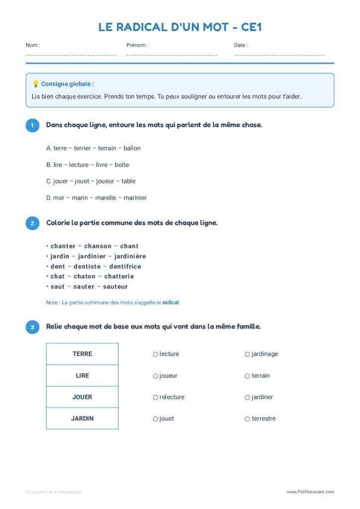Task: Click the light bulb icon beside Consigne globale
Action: coord(35,84)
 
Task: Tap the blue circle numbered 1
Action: coord(32,125)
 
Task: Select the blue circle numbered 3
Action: coord(32,327)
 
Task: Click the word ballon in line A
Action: coord(132,148)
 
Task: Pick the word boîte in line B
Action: coord(122,165)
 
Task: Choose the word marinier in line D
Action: coord(135,198)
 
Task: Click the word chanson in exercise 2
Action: coord(98,246)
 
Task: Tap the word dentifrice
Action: coord(125,266)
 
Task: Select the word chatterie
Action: coord(119,276)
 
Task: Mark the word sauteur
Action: coord(115,287)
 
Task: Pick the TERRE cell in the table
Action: coord(83,354)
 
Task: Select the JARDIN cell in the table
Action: coord(83,419)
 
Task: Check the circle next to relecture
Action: coord(156,398)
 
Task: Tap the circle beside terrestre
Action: coord(247,419)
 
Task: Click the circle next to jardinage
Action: coord(247,354)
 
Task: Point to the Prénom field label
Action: coord(137,45)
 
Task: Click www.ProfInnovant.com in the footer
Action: coord(310,492)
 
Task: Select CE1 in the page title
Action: coord(250,27)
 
